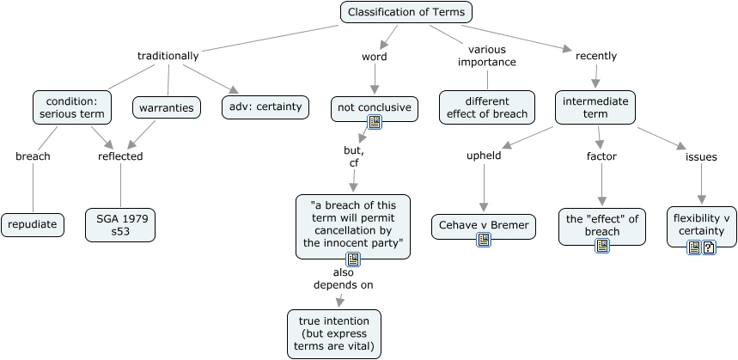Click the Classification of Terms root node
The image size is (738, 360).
pos(407,12)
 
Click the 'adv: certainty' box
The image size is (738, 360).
pos(264,107)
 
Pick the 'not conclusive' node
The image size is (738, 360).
pos(374,107)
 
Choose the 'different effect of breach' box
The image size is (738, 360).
pos(487,107)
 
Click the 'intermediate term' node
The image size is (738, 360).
pos(595,107)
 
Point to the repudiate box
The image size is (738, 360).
pos(33,225)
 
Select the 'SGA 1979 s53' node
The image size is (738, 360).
pos(121,225)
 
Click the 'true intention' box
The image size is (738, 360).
pos(334,334)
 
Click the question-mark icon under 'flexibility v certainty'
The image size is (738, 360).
pos(709,247)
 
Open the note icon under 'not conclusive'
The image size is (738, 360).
pos(375,122)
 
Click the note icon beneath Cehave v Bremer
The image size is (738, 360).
pos(484,240)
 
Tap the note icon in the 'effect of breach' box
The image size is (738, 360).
pos(602,245)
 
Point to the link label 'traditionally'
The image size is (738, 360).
pos(168,56)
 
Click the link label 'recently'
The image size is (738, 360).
pos(596,56)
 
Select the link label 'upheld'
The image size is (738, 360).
pos(483,157)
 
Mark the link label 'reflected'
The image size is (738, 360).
pos(121,156)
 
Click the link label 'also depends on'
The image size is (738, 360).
pos(344,278)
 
